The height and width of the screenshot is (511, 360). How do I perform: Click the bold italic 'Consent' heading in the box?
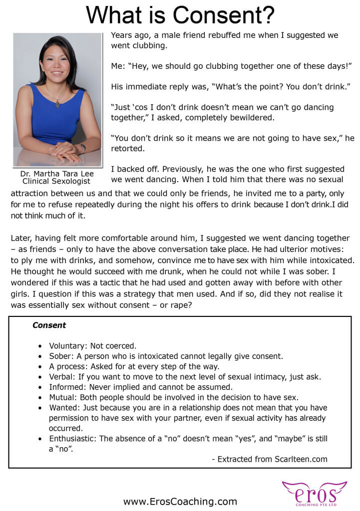coord(49,325)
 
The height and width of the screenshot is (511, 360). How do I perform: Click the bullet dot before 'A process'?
coord(40,367)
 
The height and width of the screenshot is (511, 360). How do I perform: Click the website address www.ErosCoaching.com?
coord(180,502)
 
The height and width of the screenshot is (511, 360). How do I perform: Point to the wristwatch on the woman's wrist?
coord(83,148)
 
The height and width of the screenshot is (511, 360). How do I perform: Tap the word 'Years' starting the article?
coord(122,35)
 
